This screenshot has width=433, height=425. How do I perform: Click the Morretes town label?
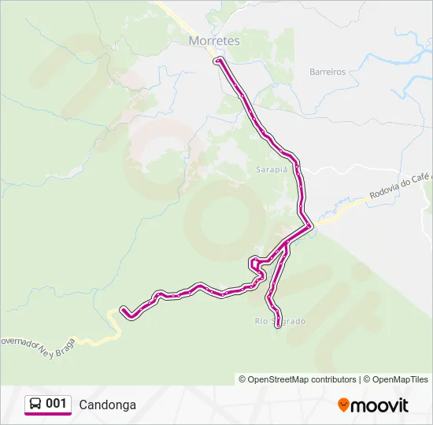[214, 40]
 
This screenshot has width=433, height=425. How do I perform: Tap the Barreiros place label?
[328, 72]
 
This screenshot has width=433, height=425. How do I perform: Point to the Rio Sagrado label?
[279, 321]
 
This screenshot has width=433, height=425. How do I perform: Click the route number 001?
[56, 404]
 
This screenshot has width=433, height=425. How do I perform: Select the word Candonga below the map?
[107, 405]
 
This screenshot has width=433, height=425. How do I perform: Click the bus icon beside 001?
[35, 404]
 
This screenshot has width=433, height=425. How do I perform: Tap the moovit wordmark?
[380, 405]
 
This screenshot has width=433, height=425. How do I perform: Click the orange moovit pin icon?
[343, 405]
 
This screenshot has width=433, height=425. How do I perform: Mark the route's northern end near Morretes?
[217, 60]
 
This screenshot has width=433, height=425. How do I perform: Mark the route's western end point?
[123, 309]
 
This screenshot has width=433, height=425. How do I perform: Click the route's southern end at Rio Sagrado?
[277, 325]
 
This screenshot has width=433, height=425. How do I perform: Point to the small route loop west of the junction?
[255, 264]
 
